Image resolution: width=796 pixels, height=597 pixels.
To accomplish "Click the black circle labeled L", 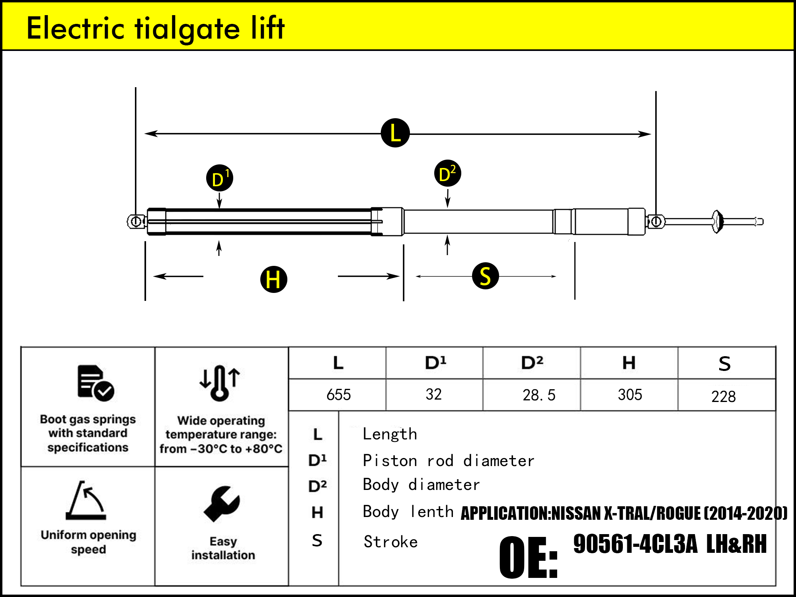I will tap(395, 133).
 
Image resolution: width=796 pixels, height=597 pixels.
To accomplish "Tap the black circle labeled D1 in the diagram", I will tap(220, 178).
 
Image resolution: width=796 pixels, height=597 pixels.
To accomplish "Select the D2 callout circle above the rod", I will tap(447, 174).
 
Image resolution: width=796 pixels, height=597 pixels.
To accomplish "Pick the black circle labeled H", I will tap(273, 279).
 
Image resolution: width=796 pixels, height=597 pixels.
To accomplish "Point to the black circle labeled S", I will tap(485, 276).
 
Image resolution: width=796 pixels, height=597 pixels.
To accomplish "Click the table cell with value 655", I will tap(338, 395).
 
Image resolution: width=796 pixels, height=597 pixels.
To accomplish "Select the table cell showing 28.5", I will tap(538, 395).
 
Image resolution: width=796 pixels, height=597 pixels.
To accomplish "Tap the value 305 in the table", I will tap(630, 395).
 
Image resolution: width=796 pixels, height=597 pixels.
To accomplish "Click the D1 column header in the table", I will tap(435, 363).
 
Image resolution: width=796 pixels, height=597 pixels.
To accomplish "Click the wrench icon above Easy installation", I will tap(222, 504).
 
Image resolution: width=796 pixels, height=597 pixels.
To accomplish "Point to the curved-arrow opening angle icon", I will tap(86, 500).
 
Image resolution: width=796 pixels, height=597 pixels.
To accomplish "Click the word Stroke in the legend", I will tap(390, 542).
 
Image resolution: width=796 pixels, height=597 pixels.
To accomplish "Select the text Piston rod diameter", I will tap(448, 461).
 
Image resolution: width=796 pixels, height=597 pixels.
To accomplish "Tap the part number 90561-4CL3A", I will tap(635, 544).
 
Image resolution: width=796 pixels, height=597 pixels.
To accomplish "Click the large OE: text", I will tap(528, 557).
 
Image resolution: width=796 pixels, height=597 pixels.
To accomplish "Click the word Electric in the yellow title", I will tap(76, 28).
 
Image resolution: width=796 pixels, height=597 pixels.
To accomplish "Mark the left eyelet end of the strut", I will tap(136, 221).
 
